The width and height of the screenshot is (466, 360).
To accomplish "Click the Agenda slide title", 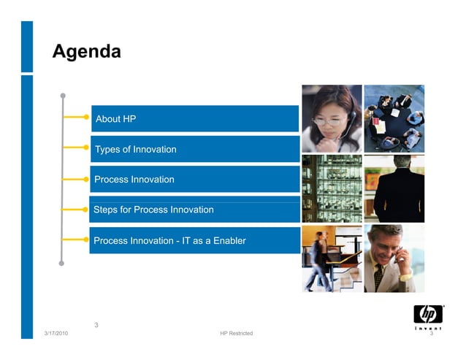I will [86, 52].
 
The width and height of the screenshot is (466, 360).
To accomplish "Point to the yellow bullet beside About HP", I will [86, 116].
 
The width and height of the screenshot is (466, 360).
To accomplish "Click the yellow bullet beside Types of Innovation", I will [86, 147].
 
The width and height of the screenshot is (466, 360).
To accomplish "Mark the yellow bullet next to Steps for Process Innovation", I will [86, 208].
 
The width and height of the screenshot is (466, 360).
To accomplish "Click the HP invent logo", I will [428, 316].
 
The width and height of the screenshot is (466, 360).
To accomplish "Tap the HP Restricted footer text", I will [236, 334].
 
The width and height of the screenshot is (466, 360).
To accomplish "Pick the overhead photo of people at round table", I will [394, 118].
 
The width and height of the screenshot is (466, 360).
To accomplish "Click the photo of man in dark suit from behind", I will [394, 188].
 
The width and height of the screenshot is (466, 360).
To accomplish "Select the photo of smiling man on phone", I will [394, 258].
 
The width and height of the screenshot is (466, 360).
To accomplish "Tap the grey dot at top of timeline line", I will [64, 95].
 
